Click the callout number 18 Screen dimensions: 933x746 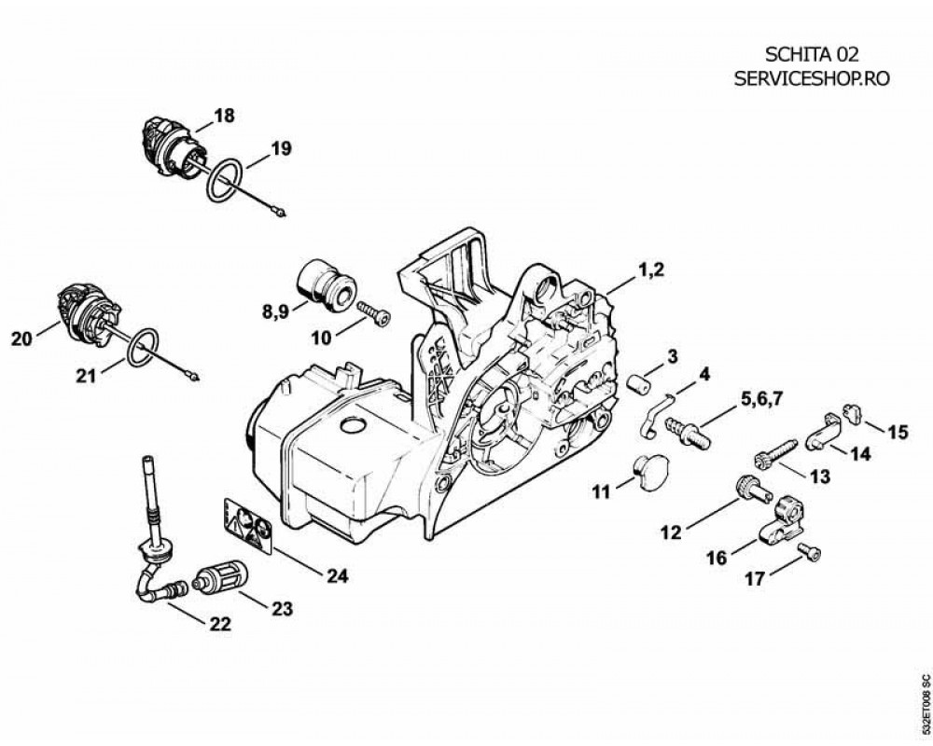point(224,115)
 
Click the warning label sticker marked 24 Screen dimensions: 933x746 point(248,526)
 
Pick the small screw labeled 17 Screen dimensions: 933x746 point(809,551)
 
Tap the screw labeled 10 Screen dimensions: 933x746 point(374,312)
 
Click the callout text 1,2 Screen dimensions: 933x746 point(650,270)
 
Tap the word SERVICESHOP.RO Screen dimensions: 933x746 point(812,78)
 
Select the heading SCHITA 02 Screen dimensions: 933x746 point(812,54)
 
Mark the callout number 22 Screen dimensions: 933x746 point(219,624)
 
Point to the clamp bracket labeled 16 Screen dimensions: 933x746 point(784,521)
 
